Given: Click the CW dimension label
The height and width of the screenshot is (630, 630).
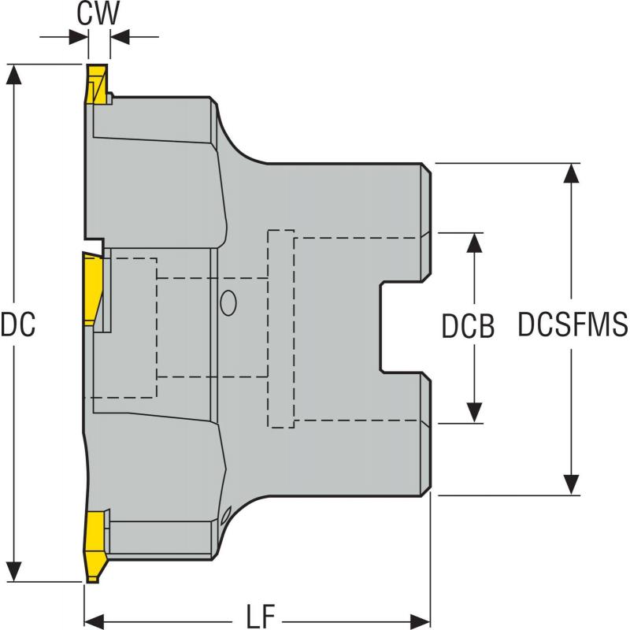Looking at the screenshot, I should pyautogui.click(x=98, y=14).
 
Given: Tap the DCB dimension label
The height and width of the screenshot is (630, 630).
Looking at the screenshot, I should pyautogui.click(x=468, y=327).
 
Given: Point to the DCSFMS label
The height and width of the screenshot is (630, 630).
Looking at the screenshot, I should pyautogui.click(x=573, y=326).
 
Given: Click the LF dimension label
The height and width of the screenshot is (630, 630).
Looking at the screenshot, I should pyautogui.click(x=257, y=616).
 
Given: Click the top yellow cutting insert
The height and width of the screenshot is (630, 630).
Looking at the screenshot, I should pyautogui.click(x=96, y=86).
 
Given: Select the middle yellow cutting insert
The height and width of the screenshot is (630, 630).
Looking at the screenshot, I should pyautogui.click(x=93, y=290).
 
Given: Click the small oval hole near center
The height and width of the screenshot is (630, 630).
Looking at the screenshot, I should pyautogui.click(x=228, y=303).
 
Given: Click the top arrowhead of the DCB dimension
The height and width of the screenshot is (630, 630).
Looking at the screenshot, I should pyautogui.click(x=474, y=243).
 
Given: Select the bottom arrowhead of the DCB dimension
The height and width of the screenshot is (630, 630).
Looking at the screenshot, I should pyautogui.click(x=474, y=413).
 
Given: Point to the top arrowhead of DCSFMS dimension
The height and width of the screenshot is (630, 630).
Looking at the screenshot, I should pyautogui.click(x=572, y=173).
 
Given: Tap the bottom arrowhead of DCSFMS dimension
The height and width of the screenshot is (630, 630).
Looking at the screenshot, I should pyautogui.click(x=572, y=485).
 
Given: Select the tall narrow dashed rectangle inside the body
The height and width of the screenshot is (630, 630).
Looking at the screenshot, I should pyautogui.click(x=281, y=328).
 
